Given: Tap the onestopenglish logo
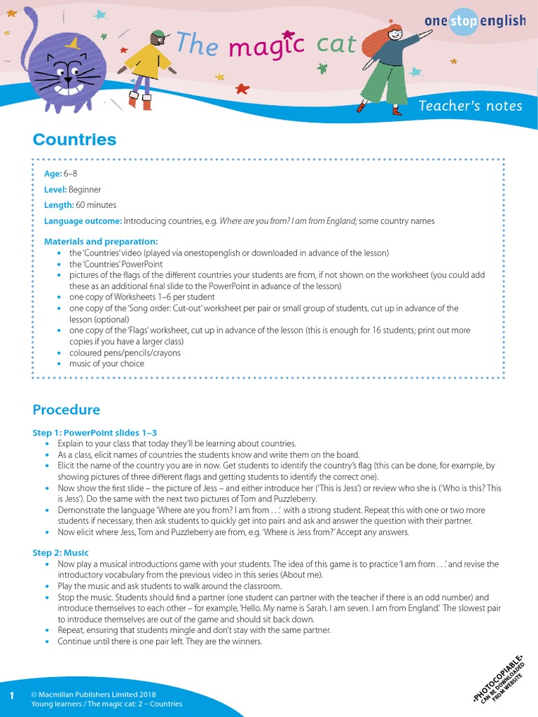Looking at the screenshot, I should [474, 21].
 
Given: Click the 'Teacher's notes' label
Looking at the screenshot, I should [470, 106].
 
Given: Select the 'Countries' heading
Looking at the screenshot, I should [74, 140].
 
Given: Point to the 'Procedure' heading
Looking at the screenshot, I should [66, 410].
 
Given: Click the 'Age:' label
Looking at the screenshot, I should [53, 174].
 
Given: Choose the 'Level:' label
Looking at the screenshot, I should [55, 190].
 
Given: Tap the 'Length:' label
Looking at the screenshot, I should [59, 205].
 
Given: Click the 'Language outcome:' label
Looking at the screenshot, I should [83, 221].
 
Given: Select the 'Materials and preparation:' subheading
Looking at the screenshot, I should [93, 242].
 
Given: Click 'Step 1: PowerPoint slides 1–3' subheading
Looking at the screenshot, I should [95, 433].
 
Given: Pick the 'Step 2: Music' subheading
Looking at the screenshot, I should [61, 552].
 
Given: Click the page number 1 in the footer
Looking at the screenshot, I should [12, 695].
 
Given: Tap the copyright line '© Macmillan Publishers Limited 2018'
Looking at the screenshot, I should [93, 695].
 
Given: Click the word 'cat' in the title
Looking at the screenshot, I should [336, 45].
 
